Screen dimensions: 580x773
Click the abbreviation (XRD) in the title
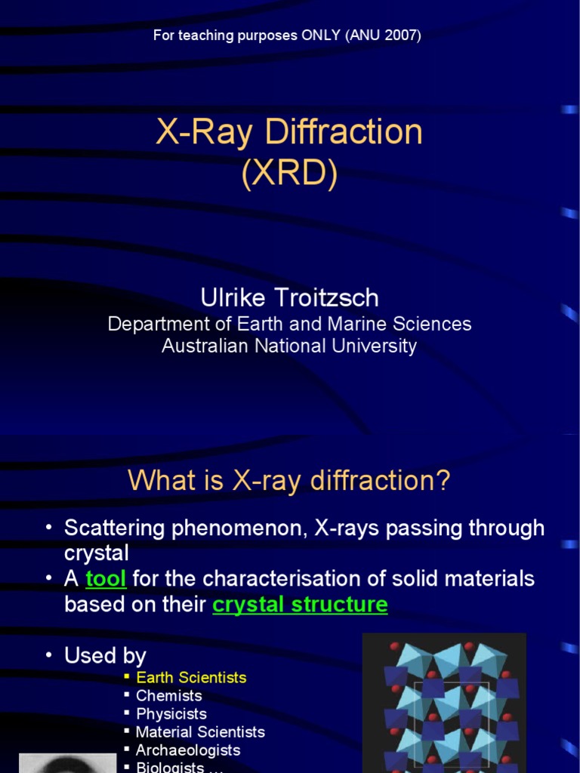[289, 173]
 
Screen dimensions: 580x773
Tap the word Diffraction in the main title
[344, 131]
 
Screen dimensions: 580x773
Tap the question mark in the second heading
[443, 479]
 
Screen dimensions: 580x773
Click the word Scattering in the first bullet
[115, 528]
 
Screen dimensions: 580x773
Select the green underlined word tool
[106, 579]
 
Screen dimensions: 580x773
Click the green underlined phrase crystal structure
[300, 605]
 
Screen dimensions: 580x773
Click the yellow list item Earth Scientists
[191, 677]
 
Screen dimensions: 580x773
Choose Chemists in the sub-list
[169, 695]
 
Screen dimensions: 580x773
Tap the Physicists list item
[171, 714]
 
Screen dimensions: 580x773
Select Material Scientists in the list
[200, 732]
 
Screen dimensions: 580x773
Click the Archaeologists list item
[188, 750]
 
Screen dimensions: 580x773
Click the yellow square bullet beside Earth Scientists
[127, 676]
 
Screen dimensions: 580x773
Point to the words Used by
[105, 656]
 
